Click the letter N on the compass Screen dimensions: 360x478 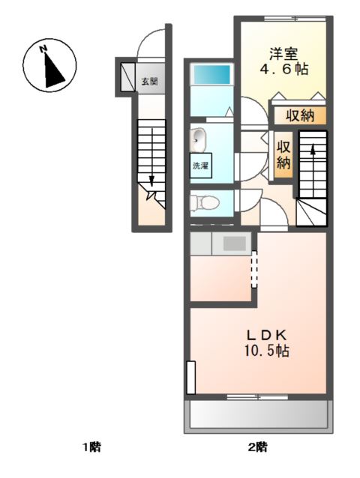43,49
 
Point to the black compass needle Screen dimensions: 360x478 52,72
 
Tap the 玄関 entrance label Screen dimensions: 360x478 149,82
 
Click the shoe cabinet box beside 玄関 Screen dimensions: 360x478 127,77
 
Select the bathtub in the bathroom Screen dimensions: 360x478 211,74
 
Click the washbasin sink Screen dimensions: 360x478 198,140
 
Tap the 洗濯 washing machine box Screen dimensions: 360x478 201,166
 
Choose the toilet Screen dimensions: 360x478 205,203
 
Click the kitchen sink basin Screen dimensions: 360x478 234,243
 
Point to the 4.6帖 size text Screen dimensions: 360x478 283,70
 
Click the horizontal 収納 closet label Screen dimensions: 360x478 300,115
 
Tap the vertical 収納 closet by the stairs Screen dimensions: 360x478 283,155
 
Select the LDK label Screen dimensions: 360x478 267,336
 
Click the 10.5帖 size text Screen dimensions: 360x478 267,351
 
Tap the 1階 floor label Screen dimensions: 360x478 92,447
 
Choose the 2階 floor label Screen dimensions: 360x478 258,447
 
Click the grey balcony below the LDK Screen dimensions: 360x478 259,415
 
